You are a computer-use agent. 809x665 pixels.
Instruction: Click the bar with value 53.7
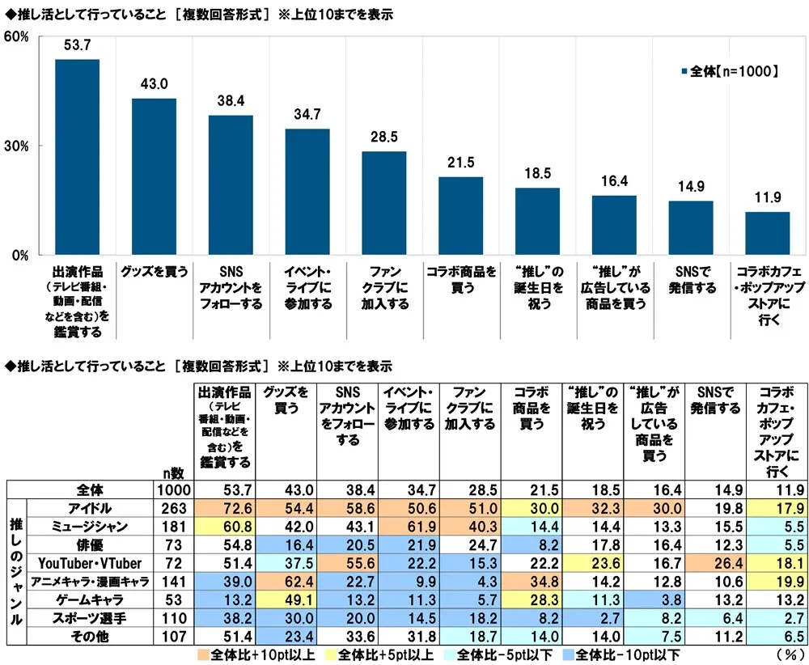tap(77, 157)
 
